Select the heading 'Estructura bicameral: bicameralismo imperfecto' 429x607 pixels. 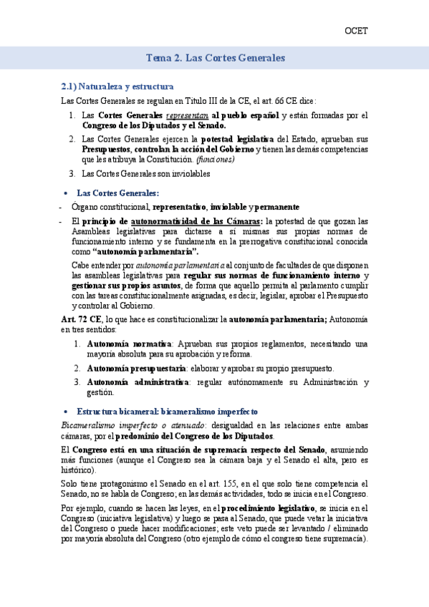pos(163,412)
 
